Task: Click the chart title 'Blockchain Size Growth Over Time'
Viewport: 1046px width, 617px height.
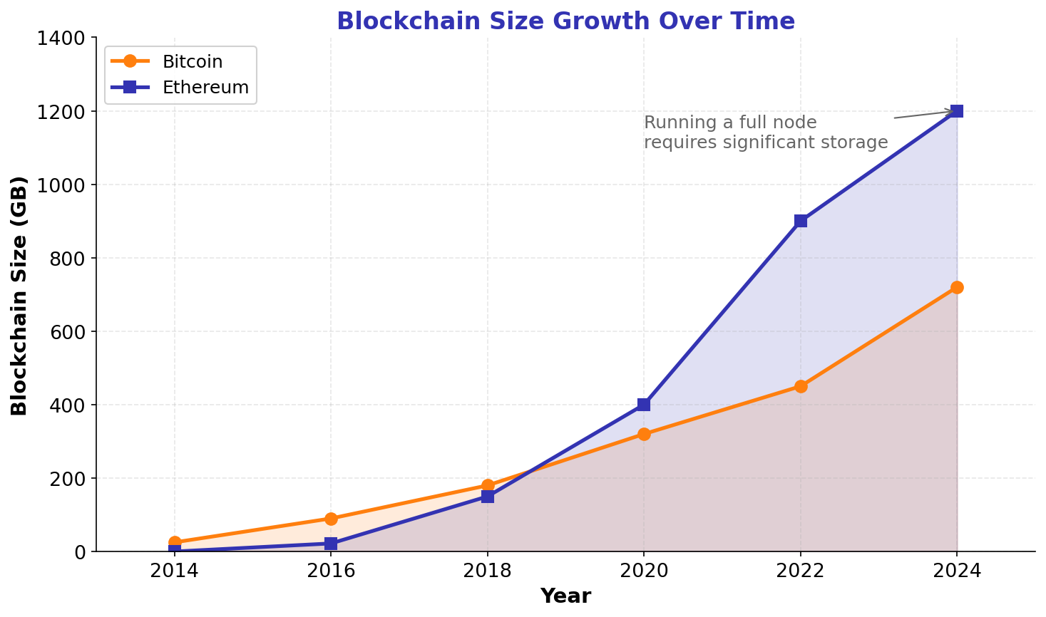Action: click(x=565, y=21)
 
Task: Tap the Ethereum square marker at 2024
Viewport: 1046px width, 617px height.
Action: click(x=957, y=111)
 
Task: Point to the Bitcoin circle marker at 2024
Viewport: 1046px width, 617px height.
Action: click(x=957, y=287)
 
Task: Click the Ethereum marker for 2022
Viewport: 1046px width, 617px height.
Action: click(x=801, y=221)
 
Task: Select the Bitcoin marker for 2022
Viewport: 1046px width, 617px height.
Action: click(x=801, y=386)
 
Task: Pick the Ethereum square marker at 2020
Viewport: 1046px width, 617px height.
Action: click(x=644, y=405)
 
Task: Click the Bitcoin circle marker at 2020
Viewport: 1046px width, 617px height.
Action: click(x=644, y=434)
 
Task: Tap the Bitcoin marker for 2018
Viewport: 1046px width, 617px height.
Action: click(x=488, y=485)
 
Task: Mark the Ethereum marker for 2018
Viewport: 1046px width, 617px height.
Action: click(x=488, y=497)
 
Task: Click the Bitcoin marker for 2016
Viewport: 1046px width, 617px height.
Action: click(x=331, y=519)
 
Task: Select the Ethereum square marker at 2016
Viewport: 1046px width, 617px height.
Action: click(x=331, y=544)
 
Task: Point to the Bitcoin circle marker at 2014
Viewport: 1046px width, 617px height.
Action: click(x=175, y=542)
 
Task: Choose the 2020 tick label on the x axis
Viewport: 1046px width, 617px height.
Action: click(x=644, y=571)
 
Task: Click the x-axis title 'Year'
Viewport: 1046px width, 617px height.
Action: click(x=565, y=596)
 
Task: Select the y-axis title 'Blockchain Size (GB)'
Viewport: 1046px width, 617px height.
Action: click(x=19, y=295)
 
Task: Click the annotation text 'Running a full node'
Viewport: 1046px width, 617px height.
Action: click(x=730, y=123)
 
